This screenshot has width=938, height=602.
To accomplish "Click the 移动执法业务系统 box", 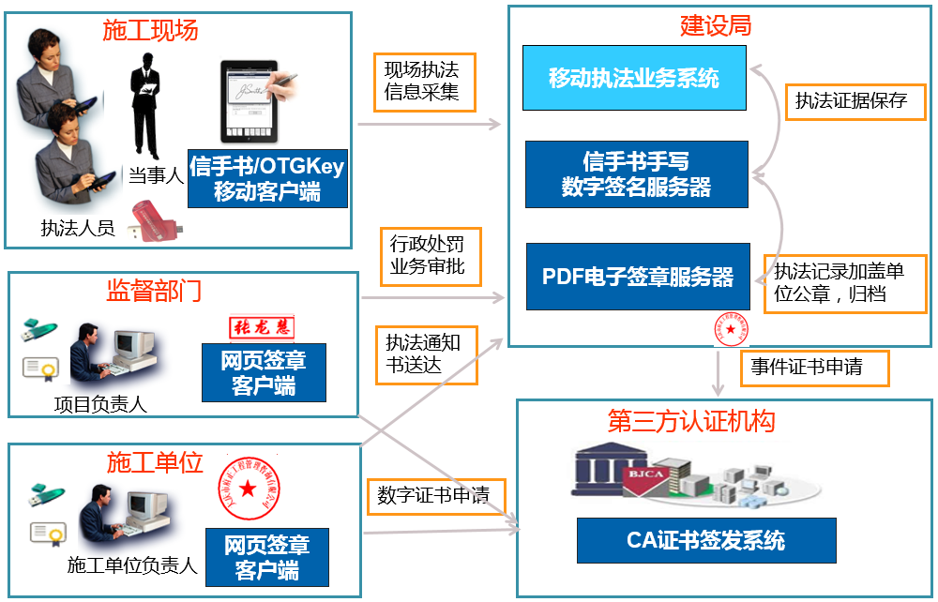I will coord(634,77).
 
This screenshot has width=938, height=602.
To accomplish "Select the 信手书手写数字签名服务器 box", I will coord(636,174).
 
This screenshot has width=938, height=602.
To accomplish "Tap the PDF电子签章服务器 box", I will coord(638,277).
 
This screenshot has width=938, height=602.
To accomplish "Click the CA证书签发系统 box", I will coord(705,540).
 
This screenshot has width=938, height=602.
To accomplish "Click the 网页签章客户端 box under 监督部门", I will coord(264,372).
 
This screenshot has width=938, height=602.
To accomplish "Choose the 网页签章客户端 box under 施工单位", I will coord(267,557).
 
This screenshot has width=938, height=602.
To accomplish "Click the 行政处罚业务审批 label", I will coord(427,256).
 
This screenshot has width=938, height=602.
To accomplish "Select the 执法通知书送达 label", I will coord(426,354).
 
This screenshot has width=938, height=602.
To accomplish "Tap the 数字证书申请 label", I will coord(433,495).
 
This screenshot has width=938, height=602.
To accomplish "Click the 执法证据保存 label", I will coord(851,101).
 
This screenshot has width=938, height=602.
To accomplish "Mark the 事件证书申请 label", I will coord(806,368).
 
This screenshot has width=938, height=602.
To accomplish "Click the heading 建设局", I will coord(715,25).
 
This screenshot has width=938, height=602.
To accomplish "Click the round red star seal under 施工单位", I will coord(246,489).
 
